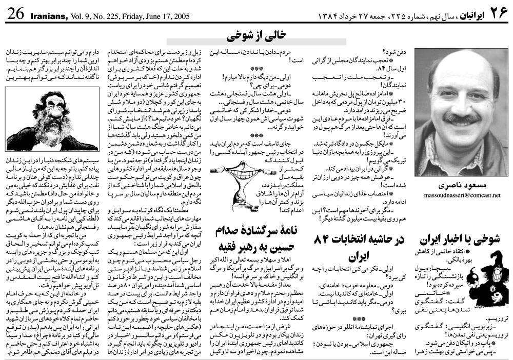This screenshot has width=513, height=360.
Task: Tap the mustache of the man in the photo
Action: [460, 119]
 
